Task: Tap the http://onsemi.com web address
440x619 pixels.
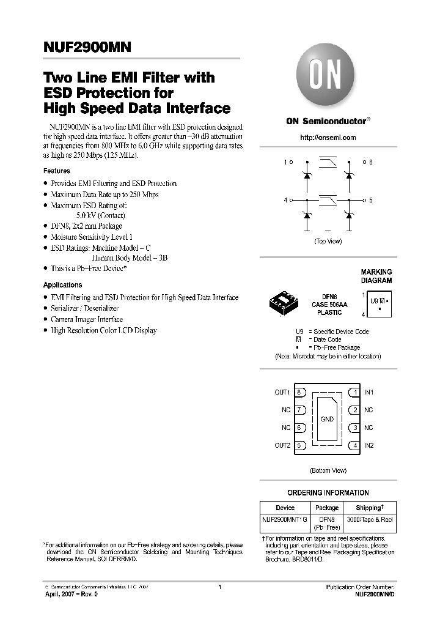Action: click(328, 138)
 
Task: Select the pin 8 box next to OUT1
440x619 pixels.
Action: click(300, 392)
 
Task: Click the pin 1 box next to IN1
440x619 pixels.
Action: click(354, 392)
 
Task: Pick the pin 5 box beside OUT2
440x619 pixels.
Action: click(300, 445)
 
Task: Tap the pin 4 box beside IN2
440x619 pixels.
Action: click(354, 445)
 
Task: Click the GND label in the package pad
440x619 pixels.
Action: click(327, 419)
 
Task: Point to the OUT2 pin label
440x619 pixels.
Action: click(282, 445)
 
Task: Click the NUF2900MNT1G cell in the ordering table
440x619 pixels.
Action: click(285, 519)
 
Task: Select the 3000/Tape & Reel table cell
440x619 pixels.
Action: click(370, 519)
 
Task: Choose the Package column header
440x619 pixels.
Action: click(327, 508)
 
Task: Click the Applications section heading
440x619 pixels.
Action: click(62, 285)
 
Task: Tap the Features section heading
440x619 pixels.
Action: click(56, 171)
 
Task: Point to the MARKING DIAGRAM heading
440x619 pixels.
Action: click(376, 276)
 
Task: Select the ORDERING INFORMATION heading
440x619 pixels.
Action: click(328, 492)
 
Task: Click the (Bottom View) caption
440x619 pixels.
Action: click(328, 470)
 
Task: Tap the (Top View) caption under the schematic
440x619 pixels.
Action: click(328, 241)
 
